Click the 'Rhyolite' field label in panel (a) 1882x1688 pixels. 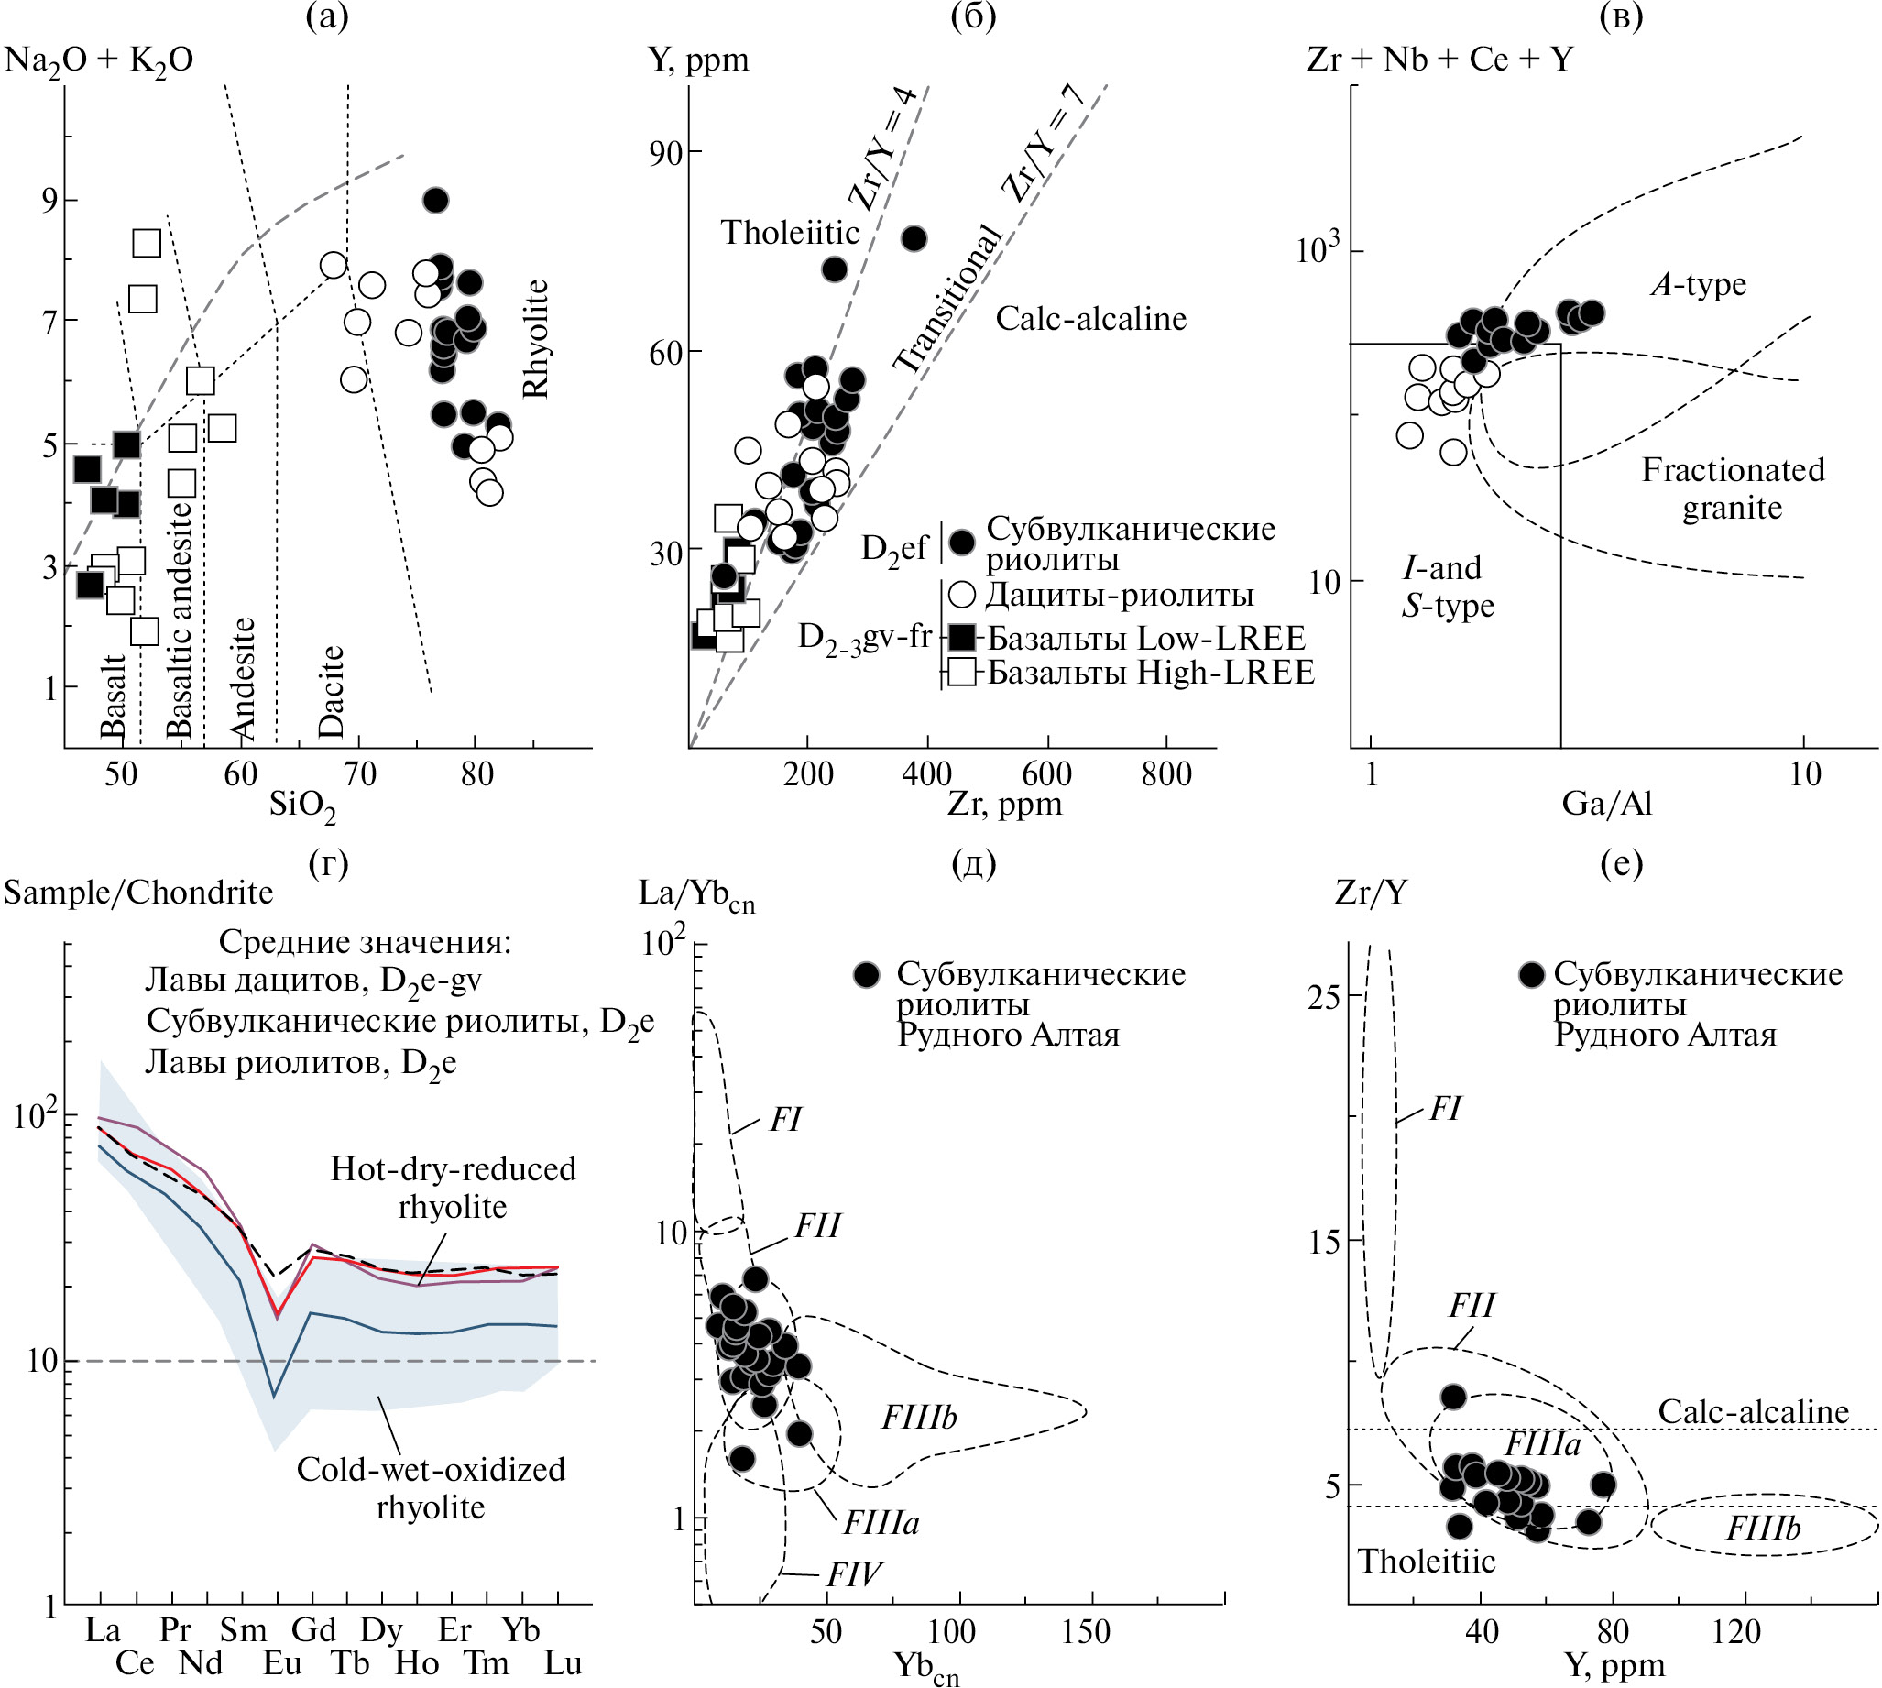click(536, 338)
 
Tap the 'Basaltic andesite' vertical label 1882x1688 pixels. click(179, 620)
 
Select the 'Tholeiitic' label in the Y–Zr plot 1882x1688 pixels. click(790, 232)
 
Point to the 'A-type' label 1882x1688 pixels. click(1699, 284)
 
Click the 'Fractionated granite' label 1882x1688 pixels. click(1733, 488)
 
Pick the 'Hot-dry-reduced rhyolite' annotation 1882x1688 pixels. click(454, 1187)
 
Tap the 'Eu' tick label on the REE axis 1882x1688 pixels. click(282, 1663)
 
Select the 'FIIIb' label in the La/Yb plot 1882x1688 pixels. click(919, 1417)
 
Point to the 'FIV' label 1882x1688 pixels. click(854, 1574)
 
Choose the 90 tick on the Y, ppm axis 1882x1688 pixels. click(667, 153)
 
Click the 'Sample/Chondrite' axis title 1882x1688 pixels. click(138, 893)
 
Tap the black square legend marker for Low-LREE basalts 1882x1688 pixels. click(963, 638)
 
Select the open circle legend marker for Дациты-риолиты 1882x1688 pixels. click(963, 595)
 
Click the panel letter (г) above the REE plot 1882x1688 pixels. click(328, 862)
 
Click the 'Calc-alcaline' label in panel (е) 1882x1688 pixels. click(1753, 1410)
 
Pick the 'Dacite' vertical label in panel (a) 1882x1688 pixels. click(331, 691)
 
